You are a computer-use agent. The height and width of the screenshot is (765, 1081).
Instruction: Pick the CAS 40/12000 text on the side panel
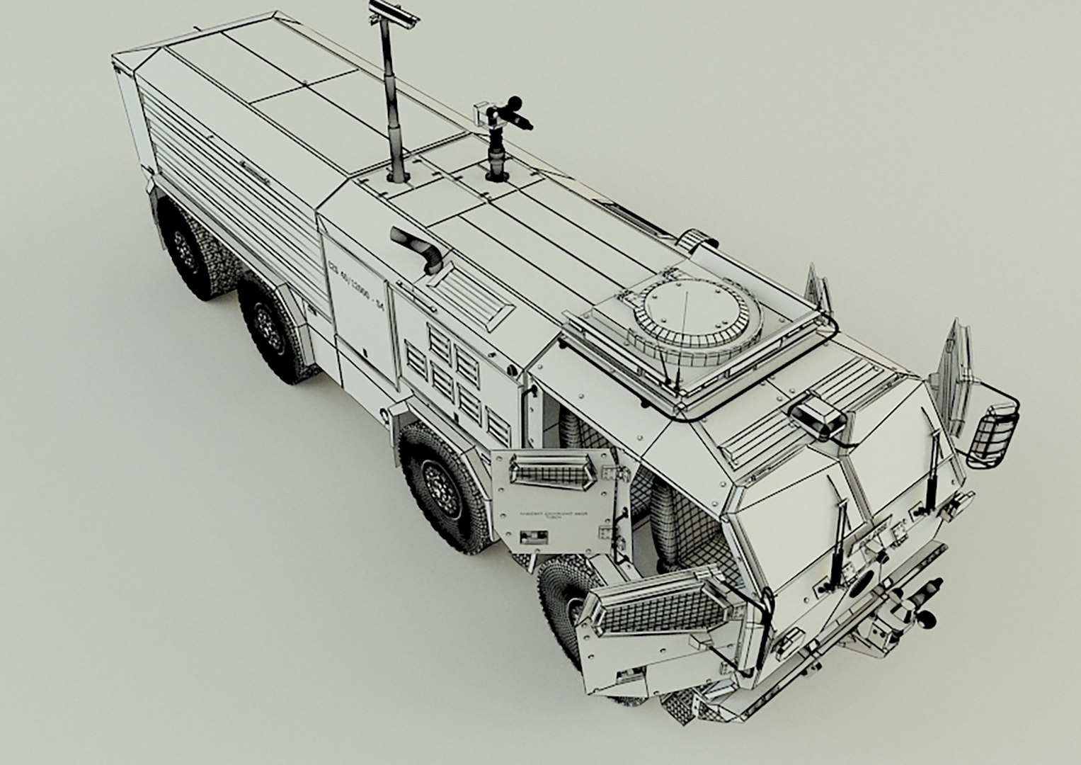coord(354,284)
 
